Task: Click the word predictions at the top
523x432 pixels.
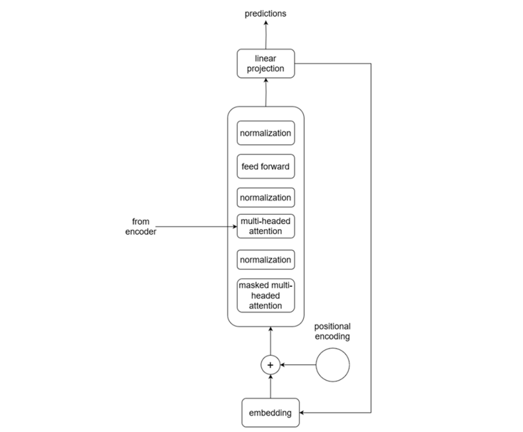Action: [x=265, y=13]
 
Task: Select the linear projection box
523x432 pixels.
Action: [x=266, y=63]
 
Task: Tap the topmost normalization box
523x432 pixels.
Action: [x=266, y=133]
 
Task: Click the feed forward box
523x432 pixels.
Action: [x=266, y=167]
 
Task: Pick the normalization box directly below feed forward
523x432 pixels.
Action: [x=266, y=197]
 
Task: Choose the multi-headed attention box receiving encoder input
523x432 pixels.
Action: [x=266, y=226]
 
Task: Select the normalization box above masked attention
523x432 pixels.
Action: [x=266, y=260]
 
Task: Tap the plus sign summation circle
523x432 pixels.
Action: [x=271, y=365]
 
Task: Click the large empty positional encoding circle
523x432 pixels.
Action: [x=333, y=365]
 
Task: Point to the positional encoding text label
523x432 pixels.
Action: [x=332, y=332]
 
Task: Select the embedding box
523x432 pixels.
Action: [x=270, y=412]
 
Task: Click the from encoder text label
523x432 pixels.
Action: [x=141, y=227]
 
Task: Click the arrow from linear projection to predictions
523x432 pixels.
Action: [x=266, y=36]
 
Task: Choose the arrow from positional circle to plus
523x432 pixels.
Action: [x=298, y=365]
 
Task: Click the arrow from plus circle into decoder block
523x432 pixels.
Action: [x=271, y=341]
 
